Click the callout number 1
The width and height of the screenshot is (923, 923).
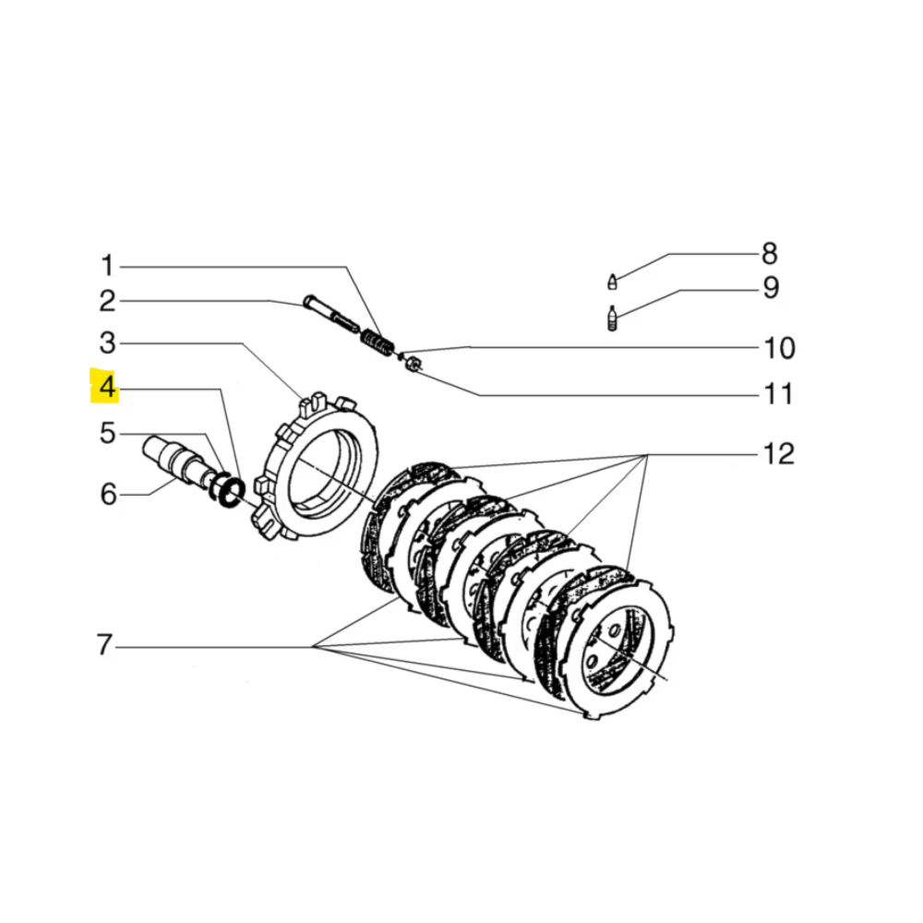(107, 267)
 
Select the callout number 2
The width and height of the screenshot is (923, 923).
(107, 301)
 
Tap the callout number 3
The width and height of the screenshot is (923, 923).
(107, 344)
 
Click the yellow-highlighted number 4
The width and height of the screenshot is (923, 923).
(107, 388)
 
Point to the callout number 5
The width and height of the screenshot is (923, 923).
(107, 432)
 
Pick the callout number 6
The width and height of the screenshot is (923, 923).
(107, 495)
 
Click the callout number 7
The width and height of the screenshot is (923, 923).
(105, 645)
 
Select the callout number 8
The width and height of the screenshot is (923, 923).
(769, 254)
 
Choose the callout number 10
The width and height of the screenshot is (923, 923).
(778, 349)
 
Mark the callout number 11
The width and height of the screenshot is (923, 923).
(777, 395)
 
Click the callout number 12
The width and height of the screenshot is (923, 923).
(778, 454)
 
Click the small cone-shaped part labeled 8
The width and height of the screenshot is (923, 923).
(611, 279)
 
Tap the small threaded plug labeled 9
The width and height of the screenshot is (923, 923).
(611, 319)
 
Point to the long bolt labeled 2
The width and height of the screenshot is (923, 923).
(328, 313)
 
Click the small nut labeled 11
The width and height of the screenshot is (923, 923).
(415, 364)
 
